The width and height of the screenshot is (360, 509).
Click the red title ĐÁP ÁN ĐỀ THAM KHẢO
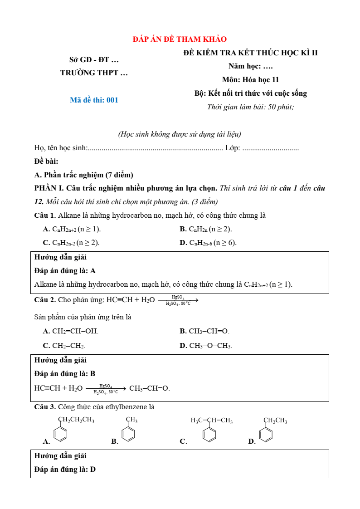tap(180, 39)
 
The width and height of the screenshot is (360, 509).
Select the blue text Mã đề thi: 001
tap(94, 100)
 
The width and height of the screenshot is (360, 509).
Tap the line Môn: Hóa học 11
tap(250, 80)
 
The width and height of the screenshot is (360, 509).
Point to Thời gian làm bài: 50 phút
tap(250, 107)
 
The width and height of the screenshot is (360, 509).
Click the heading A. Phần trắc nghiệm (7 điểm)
tap(83, 175)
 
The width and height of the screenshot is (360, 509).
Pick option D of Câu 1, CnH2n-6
tap(208, 243)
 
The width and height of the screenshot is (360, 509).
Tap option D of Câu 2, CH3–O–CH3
tap(206, 346)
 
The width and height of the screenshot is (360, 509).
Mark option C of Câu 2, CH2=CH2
tap(64, 346)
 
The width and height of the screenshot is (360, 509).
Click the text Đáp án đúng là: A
tap(65, 271)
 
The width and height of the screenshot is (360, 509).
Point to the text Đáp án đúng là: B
tap(65, 374)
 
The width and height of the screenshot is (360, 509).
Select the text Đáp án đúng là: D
tap(65, 470)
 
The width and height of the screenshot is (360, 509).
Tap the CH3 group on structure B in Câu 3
tap(132, 420)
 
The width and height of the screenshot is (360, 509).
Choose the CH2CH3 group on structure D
tap(275, 421)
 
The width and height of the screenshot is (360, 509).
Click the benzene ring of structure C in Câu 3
tap(209, 435)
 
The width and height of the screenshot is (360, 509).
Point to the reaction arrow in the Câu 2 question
tap(178, 300)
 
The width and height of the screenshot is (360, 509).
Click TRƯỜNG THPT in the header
tap(94, 73)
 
